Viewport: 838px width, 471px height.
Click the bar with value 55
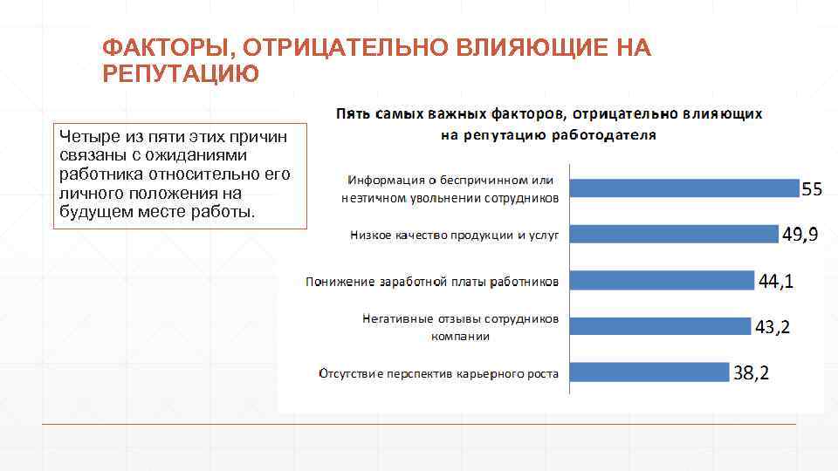pos(684,188)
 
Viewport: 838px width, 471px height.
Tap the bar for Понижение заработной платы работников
pos(662,280)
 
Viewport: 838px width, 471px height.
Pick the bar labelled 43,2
pos(660,326)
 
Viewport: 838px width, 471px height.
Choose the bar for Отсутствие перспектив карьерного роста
pos(649,372)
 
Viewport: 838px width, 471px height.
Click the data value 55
pos(812,188)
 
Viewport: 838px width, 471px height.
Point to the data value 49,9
pos(800,235)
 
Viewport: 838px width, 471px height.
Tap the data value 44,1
pos(776,281)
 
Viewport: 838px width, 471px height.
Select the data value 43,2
pos(773,327)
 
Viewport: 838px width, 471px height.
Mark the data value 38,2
pos(751,373)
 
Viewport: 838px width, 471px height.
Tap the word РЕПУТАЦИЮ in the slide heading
pos(181,73)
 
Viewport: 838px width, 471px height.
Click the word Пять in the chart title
pos(354,114)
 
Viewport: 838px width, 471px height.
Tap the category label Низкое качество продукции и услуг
pos(454,235)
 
